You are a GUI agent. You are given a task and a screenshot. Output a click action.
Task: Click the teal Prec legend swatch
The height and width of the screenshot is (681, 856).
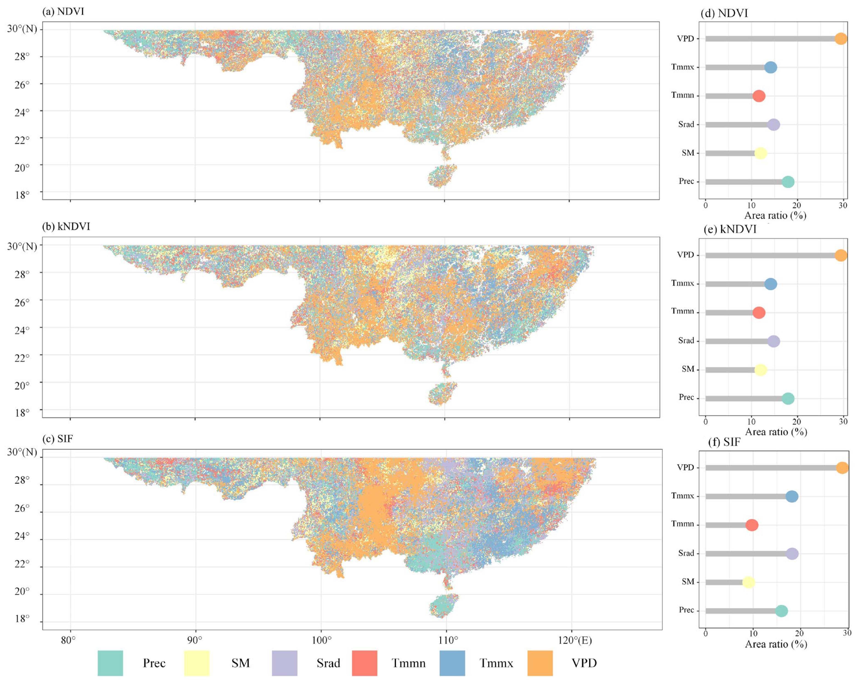110,663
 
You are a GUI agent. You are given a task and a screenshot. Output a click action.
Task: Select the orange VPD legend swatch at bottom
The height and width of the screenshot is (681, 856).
540,663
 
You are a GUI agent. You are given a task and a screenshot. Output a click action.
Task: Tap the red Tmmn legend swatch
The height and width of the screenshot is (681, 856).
364,663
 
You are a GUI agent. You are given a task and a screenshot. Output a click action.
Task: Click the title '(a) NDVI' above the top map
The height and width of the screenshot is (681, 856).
63,11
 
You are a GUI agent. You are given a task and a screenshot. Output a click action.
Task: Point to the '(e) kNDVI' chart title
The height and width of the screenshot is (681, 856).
730,229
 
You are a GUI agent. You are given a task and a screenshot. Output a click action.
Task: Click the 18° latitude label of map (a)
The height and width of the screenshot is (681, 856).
22,195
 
